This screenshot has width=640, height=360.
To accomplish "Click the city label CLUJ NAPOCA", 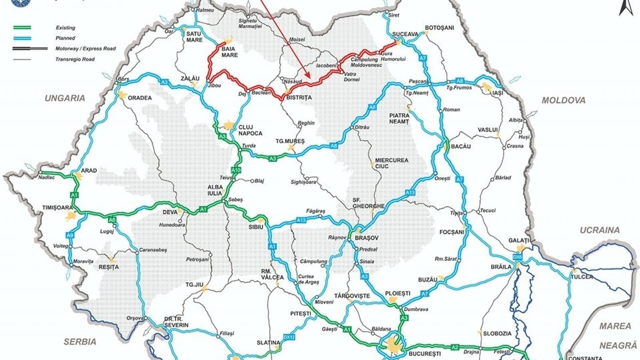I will [250, 130].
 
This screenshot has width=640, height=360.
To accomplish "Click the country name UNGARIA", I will [65, 98].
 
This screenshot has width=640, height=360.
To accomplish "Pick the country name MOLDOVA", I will [563, 100].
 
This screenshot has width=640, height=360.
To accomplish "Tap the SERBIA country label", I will [80, 342].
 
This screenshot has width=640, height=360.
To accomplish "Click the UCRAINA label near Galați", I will [600, 230].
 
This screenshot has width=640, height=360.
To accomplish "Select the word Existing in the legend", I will [65, 28].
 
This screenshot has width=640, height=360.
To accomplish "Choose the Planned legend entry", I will [65, 38].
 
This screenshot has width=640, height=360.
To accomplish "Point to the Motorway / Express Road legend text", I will [85, 48].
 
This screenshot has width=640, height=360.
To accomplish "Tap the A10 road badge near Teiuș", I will [236, 170].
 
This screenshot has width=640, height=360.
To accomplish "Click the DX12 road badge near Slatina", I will [289, 336].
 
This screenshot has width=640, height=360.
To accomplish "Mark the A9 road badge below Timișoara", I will [70, 235].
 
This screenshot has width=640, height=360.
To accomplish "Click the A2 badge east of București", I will [455, 346].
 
